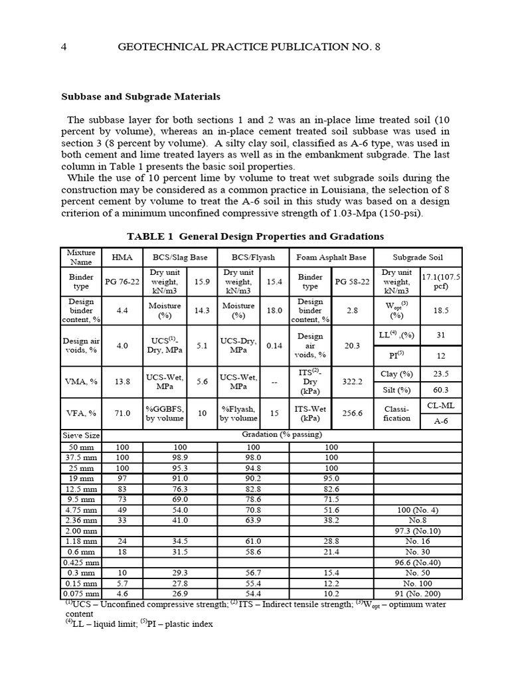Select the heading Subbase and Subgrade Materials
click(x=141, y=97)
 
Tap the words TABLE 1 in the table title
click(x=151, y=236)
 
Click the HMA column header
click(x=122, y=256)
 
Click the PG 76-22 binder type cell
click(x=122, y=282)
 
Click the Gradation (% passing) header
click(x=282, y=435)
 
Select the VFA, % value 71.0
click(x=122, y=412)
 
